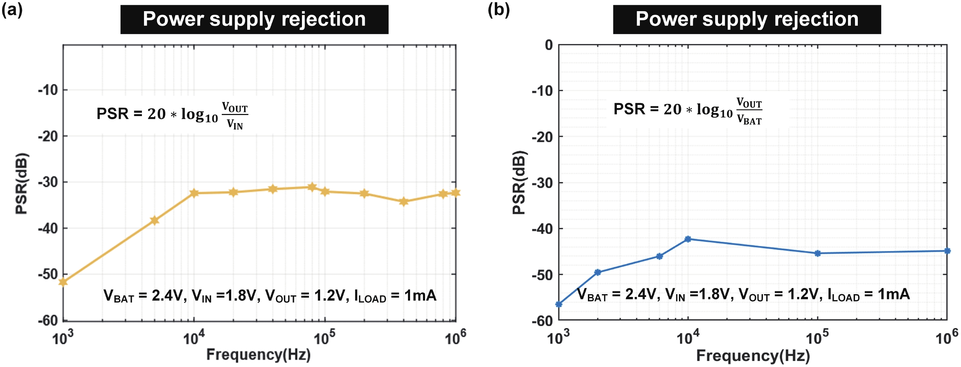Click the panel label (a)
coord(12,10)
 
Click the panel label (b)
coord(498,10)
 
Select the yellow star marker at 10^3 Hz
coord(63,282)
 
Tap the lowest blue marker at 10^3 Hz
coord(559,304)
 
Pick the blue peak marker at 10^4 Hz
coord(688,239)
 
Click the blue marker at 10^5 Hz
coord(817,253)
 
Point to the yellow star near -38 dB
coord(154,220)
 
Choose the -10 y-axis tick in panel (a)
coord(48,90)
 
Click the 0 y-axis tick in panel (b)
coord(548,45)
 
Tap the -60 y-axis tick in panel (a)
coord(48,320)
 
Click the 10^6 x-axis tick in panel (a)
coord(455,338)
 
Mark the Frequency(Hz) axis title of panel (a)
coord(258,355)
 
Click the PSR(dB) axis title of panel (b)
coord(519,182)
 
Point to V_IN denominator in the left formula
coord(235,124)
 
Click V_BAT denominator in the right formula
coord(749,120)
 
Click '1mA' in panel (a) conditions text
coord(420,296)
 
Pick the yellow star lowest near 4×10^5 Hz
coord(403,202)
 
